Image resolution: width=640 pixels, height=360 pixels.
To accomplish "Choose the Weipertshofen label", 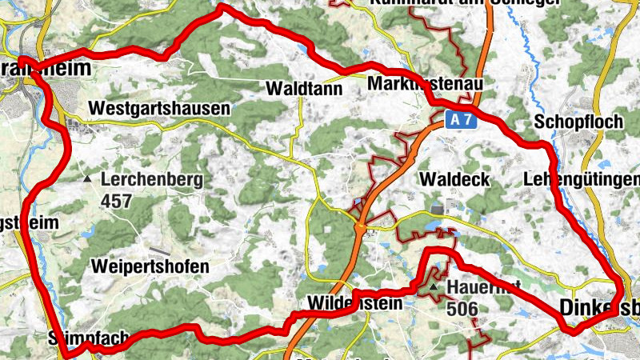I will pyautogui.click(x=150, y=266).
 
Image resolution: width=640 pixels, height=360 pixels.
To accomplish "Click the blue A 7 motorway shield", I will pyautogui.click(x=456, y=120).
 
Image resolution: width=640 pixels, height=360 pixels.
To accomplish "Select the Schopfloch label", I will pyautogui.click(x=566, y=122).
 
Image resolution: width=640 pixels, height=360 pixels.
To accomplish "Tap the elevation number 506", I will pyautogui.click(x=462, y=308).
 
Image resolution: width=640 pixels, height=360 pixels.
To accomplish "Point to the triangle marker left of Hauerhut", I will pyautogui.click(x=434, y=286).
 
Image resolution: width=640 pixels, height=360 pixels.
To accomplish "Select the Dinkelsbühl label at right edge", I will pyautogui.click(x=600, y=306).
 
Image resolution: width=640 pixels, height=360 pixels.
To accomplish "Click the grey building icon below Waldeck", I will pyautogui.click(x=437, y=208).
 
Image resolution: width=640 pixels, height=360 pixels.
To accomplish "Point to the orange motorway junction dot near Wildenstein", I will pyautogui.click(x=362, y=228).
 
